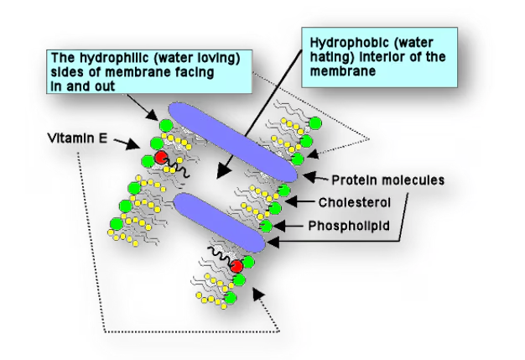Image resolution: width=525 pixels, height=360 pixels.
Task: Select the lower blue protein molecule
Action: (x=222, y=220)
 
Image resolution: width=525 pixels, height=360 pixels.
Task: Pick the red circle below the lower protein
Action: (x=237, y=266)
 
